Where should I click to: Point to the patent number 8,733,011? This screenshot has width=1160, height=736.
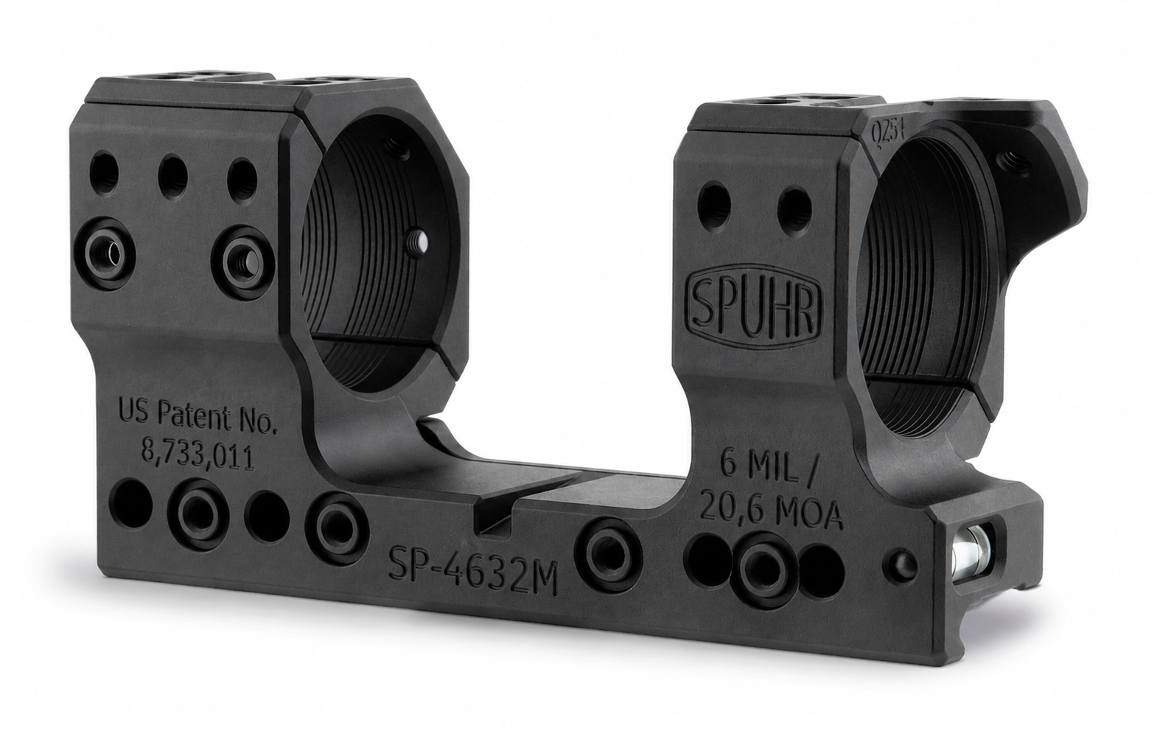click(198, 457)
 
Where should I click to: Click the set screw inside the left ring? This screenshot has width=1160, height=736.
click(417, 240)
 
